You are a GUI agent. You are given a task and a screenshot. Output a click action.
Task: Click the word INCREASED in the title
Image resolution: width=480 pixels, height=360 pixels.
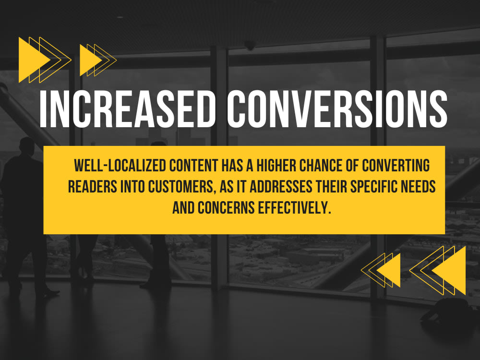(x=127, y=109)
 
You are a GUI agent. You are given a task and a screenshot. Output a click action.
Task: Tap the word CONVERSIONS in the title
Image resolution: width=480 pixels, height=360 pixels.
(x=337, y=109)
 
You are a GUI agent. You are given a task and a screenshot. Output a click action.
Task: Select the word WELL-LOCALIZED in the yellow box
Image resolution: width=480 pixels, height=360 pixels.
(x=120, y=166)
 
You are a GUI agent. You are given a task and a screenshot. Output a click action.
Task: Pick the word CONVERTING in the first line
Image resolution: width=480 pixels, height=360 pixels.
(x=396, y=166)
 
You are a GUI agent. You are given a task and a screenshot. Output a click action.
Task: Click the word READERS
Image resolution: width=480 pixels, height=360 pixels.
(x=93, y=187)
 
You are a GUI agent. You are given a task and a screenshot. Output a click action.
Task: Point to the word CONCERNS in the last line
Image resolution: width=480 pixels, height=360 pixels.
(x=226, y=208)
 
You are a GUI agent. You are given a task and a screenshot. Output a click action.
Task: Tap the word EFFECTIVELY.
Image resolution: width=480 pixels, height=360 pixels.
(x=295, y=208)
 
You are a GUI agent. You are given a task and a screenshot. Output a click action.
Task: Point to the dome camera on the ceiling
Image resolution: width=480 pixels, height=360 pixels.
(x=250, y=45)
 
